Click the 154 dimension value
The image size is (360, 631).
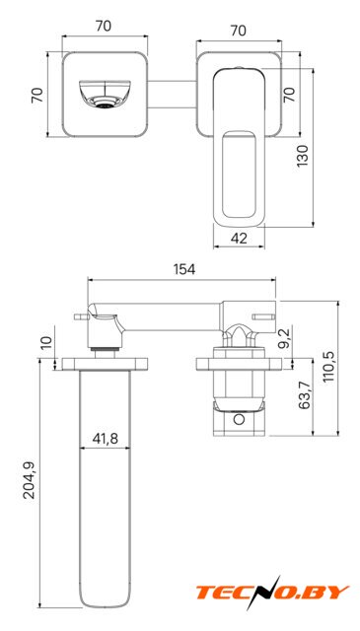184,269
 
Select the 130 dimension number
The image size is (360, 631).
302,156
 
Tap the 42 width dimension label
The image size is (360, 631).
239,239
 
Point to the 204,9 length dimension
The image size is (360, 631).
29,480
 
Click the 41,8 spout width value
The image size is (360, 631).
106,438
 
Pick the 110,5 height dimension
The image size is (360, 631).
328,366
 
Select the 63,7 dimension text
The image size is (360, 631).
305,395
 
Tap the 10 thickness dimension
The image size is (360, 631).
46,342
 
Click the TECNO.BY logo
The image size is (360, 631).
272,593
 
